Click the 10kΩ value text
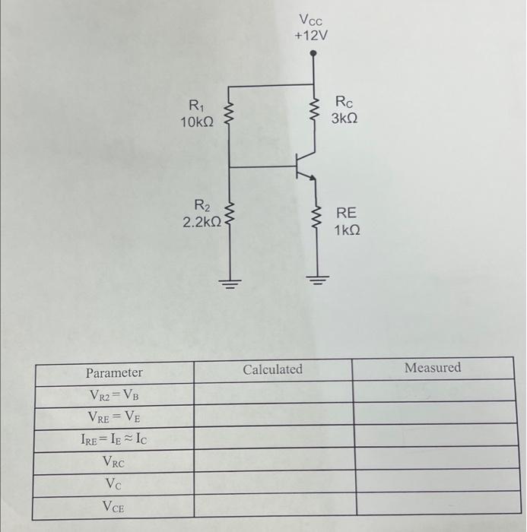coord(197,122)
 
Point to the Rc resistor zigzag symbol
coord(313,112)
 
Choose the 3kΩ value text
coord(344,119)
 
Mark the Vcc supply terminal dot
coord(313,54)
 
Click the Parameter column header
coord(113,373)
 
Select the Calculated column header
coord(272,369)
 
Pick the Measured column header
coord(432,368)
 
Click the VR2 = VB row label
coord(113,395)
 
